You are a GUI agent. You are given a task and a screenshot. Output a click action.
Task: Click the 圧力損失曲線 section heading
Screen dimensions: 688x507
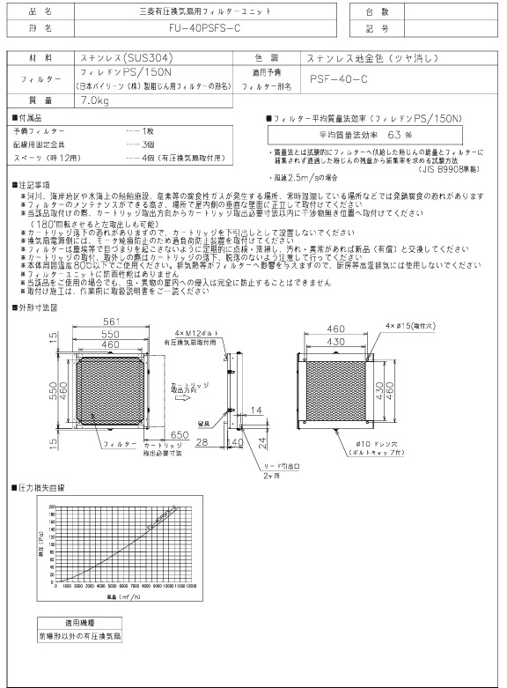tap(40, 486)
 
